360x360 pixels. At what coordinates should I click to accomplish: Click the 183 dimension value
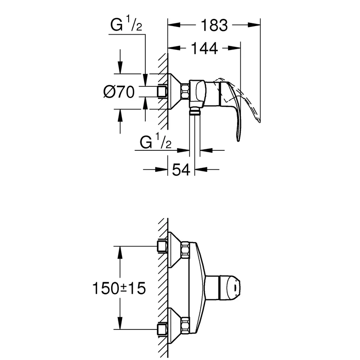[x=214, y=25]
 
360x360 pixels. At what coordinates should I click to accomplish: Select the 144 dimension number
[x=204, y=48]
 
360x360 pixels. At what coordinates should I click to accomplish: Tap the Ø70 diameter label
[x=119, y=92]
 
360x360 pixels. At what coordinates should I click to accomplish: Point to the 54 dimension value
[x=181, y=170]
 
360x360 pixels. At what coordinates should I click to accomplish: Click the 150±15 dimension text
[x=119, y=288]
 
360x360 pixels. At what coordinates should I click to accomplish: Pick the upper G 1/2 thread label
[x=126, y=25]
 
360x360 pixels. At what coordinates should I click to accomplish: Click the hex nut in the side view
[x=185, y=92]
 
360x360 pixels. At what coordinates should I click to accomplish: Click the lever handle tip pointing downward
[x=239, y=139]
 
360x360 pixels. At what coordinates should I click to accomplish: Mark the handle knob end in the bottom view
[x=234, y=288]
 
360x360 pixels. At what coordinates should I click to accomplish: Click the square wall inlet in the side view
[x=162, y=92]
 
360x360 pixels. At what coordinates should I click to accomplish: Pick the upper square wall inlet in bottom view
[x=162, y=246]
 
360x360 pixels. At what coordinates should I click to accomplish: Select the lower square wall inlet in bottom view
[x=162, y=330]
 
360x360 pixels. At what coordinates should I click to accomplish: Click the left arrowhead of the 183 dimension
[x=174, y=25]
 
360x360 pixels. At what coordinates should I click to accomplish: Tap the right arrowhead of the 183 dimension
[x=254, y=25]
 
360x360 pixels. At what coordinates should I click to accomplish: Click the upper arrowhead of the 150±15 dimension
[x=120, y=252]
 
